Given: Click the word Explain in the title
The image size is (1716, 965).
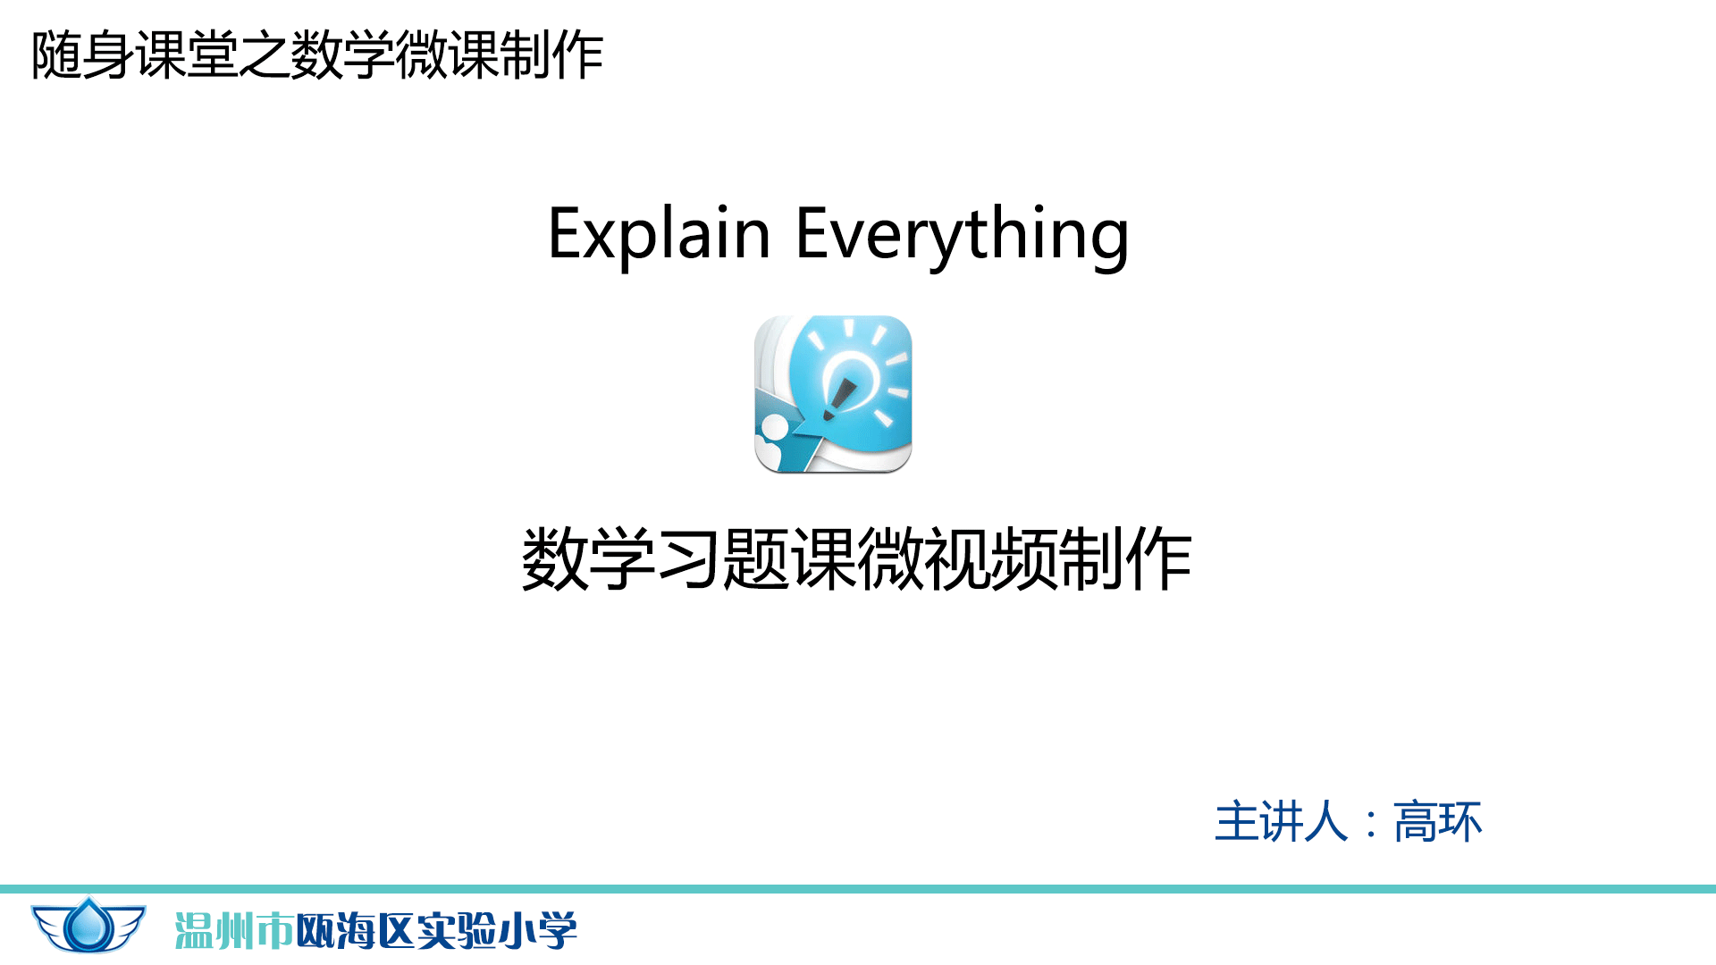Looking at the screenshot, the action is [660, 234].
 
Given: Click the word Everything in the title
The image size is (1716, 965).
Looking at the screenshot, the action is [963, 234].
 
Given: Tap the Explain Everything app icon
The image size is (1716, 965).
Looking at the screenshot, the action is [833, 394].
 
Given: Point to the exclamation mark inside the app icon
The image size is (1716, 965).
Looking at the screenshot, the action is [839, 399].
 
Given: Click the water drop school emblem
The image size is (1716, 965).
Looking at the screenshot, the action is [88, 925].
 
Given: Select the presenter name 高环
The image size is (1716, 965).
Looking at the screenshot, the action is [1438, 822].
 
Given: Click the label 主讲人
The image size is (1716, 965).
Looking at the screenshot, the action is [1281, 822].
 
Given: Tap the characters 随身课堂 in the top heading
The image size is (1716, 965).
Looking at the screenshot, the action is [134, 55].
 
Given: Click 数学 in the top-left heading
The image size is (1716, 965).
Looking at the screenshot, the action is [342, 55].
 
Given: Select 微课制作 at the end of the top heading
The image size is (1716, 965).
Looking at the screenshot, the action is [500, 55].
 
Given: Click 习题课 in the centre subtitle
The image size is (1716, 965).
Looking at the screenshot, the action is [756, 559].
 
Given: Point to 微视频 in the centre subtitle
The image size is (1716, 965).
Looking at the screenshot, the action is [956, 559].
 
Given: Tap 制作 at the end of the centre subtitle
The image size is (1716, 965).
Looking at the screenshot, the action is [1125, 559].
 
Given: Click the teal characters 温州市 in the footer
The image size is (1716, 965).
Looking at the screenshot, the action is [234, 931].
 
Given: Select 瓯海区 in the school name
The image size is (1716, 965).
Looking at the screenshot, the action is [355, 931].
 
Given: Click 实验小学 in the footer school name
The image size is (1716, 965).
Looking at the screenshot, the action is [497, 931].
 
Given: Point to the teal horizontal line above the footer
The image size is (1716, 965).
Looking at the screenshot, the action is [858, 889].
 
